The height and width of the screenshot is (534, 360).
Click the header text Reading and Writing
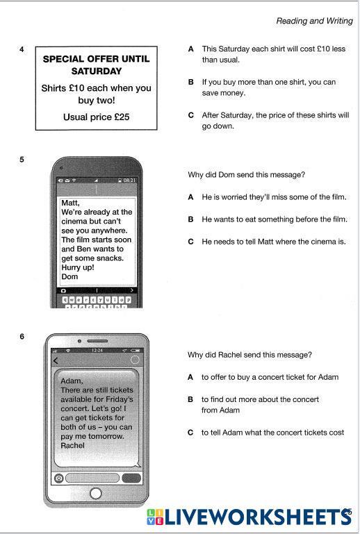pyautogui.click(x=314, y=21)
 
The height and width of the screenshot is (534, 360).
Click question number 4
pyautogui.click(x=22, y=50)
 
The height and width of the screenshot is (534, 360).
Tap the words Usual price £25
pyautogui.click(x=96, y=117)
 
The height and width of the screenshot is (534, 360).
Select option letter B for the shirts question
pyautogui.click(x=191, y=82)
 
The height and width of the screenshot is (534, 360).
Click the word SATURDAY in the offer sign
pyautogui.click(x=97, y=72)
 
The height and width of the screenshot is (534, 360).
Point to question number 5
pyautogui.click(x=22, y=160)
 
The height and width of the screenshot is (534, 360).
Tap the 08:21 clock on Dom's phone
pyautogui.click(x=129, y=180)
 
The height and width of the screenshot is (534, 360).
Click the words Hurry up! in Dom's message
pyautogui.click(x=78, y=267)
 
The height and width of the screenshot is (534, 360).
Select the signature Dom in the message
pyautogui.click(x=69, y=276)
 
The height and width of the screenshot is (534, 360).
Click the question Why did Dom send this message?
pyautogui.click(x=247, y=175)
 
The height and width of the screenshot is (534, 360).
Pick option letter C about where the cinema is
pyautogui.click(x=191, y=242)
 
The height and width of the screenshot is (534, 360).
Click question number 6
pyautogui.click(x=22, y=337)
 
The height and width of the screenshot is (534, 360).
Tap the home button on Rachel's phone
pyautogui.click(x=96, y=493)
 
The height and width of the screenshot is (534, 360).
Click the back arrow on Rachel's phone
pyautogui.click(x=56, y=360)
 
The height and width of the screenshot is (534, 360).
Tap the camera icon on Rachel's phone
pyautogui.click(x=58, y=478)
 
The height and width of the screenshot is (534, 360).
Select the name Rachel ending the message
pyautogui.click(x=72, y=445)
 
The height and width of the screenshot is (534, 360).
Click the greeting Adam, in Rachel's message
pyautogui.click(x=72, y=381)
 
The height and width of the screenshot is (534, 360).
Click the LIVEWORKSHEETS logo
pyautogui.click(x=249, y=517)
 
